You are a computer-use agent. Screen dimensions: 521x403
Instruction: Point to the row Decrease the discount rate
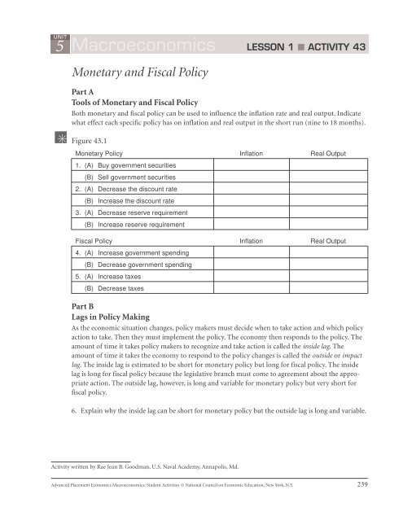tap(130, 195)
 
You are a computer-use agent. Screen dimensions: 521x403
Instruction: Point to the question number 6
tap(73, 412)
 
